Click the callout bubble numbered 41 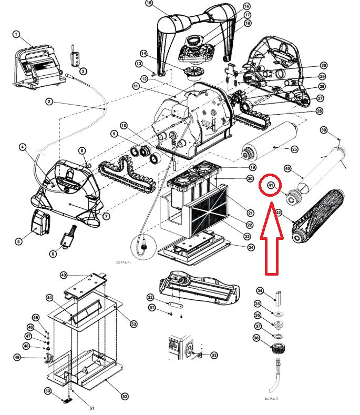point(271,185)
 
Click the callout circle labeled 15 point(149,4)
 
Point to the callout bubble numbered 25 point(295,149)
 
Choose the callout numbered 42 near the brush point(279,212)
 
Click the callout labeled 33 point(214,355)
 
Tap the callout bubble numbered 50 point(48,391)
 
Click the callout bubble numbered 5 point(18,241)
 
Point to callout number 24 point(251,247)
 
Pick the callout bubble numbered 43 point(64,275)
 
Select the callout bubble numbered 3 point(83,71)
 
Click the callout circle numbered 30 point(324,65)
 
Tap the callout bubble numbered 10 point(124,125)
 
